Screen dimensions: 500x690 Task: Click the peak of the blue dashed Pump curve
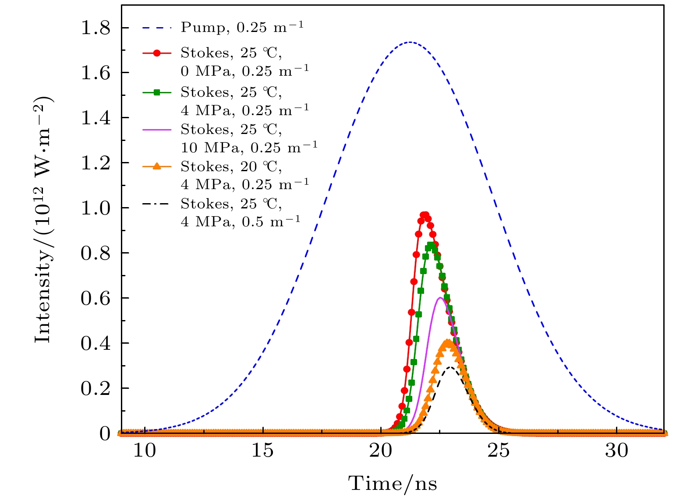(x=410, y=42)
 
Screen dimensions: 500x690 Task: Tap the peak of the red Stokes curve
(x=424, y=215)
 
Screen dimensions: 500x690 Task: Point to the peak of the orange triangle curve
(x=447, y=342)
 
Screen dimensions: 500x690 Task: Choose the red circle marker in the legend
(x=156, y=53)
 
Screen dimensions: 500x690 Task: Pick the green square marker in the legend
(x=156, y=92)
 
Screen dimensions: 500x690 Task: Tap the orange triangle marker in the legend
(x=156, y=166)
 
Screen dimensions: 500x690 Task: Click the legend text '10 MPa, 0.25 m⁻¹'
(x=249, y=148)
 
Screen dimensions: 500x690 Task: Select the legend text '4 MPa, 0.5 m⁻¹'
(x=241, y=222)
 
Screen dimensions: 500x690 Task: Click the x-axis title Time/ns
(x=393, y=484)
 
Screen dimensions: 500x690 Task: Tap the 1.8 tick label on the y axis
(x=95, y=28)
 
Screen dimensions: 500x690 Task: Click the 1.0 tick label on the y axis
(x=95, y=208)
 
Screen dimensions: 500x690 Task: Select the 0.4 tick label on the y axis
(x=95, y=343)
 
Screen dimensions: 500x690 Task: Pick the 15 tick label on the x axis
(x=262, y=450)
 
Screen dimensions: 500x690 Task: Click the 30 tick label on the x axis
(x=616, y=450)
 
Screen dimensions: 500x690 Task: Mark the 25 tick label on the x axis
(x=499, y=450)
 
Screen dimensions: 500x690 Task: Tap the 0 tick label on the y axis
(x=105, y=433)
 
